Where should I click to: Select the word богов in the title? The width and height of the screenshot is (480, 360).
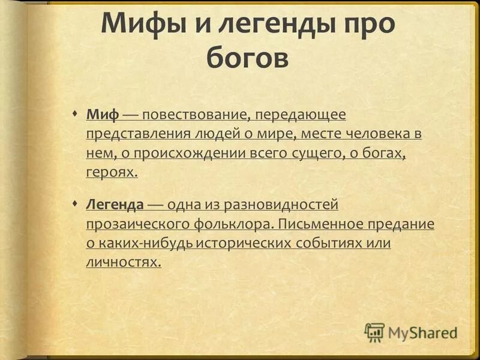pyautogui.click(x=247, y=59)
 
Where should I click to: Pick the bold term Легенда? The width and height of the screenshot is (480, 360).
pyautogui.click(x=115, y=205)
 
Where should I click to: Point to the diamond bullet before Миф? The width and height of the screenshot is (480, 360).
pyautogui.click(x=74, y=113)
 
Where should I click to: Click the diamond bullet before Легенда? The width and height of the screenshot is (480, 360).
pyautogui.click(x=74, y=204)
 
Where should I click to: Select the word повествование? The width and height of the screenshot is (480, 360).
pyautogui.click(x=194, y=114)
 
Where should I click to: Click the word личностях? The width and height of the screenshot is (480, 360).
pyautogui.click(x=124, y=263)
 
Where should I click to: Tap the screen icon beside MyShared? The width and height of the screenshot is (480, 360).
pyautogui.click(x=374, y=332)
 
